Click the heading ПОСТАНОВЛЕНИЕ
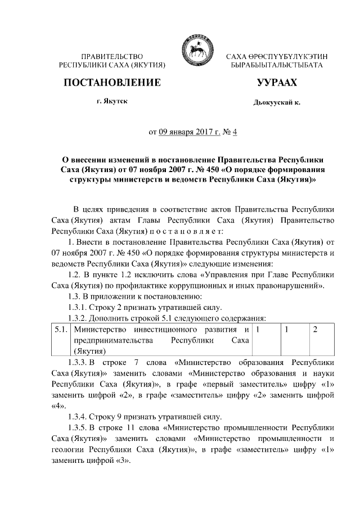112,83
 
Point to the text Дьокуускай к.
276,104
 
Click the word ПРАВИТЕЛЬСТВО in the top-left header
112,57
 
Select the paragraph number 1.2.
74,274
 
